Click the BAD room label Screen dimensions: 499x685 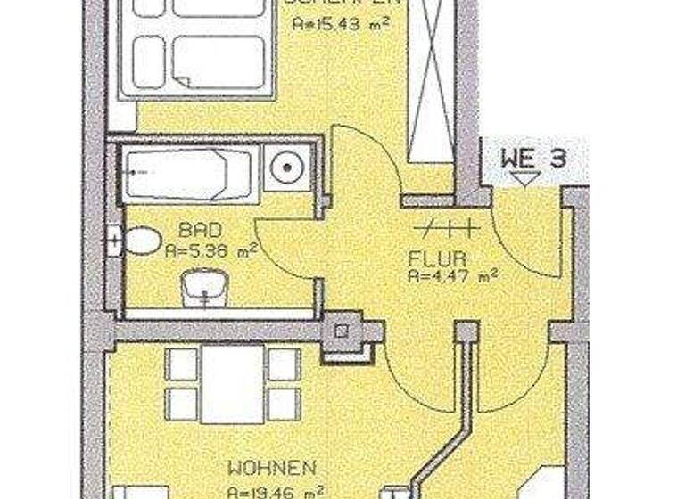point(193,230)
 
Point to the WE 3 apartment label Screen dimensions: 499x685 point(532,160)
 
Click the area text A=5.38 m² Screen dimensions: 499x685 point(210,251)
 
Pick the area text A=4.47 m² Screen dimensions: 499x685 point(452,277)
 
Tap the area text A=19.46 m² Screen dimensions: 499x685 point(274,491)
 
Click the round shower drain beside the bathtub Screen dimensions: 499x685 point(287,165)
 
